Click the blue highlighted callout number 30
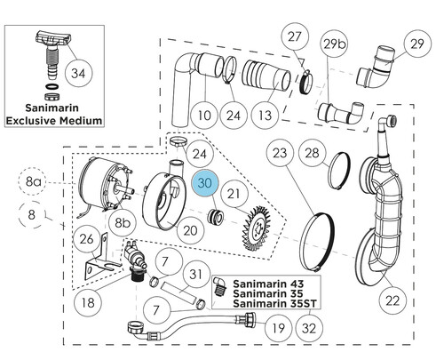tap(205, 184)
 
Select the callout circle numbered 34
tap(78, 73)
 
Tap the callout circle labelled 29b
tap(334, 44)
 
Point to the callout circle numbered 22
tap(392, 300)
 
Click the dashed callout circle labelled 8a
tap(32, 181)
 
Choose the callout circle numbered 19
tap(279, 328)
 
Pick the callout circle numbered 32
tap(309, 328)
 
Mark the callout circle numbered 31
tap(195, 275)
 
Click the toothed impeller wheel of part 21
tap(257, 228)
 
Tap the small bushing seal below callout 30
tap(215, 216)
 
